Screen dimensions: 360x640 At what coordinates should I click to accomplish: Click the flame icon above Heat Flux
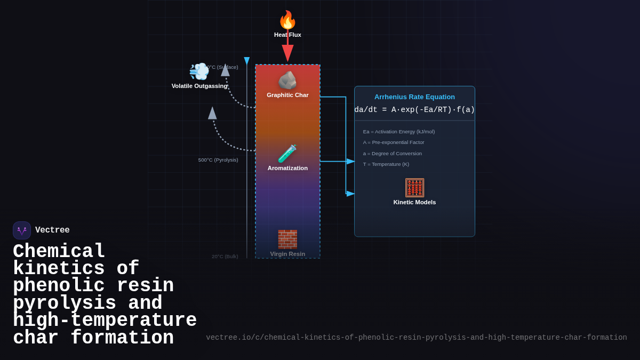tap(287, 20)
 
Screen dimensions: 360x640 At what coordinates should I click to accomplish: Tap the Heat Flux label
tap(287, 35)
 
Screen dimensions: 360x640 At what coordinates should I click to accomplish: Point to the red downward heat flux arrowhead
tap(287, 53)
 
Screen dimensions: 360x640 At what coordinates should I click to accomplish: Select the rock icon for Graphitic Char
tap(287, 81)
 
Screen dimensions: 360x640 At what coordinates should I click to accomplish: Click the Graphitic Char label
tap(287, 95)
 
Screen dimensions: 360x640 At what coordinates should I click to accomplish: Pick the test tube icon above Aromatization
tap(287, 154)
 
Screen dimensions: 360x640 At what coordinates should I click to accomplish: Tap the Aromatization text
tap(287, 168)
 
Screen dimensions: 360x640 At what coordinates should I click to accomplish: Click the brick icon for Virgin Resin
tap(287, 239)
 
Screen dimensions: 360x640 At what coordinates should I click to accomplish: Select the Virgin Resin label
tap(287, 254)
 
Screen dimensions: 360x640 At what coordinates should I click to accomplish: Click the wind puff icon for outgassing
tap(199, 71)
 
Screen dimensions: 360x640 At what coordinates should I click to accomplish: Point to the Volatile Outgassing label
tap(199, 86)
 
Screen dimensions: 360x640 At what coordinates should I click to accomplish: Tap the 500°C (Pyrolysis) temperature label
tap(218, 160)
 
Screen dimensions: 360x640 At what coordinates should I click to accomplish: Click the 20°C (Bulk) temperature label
tap(225, 257)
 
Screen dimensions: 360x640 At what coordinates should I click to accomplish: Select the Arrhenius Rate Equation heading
tap(414, 97)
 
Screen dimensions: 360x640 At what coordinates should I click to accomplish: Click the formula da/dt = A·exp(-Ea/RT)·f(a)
tap(414, 110)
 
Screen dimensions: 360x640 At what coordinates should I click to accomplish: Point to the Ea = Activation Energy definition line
tap(399, 132)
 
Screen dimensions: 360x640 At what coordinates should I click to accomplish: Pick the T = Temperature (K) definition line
tap(386, 164)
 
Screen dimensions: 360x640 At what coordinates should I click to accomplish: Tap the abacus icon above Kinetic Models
tap(414, 188)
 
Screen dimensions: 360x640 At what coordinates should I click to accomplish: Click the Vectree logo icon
tap(22, 230)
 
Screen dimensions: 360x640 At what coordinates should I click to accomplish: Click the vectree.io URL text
tap(416, 338)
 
